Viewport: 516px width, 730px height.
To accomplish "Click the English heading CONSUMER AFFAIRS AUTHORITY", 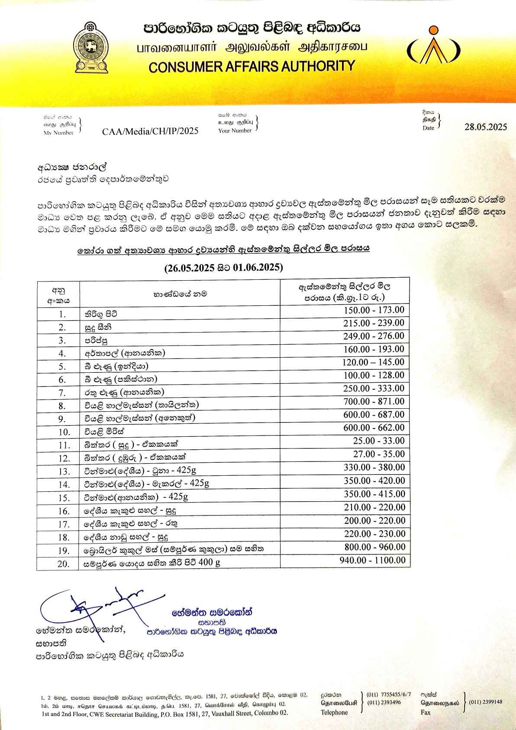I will tap(252, 66).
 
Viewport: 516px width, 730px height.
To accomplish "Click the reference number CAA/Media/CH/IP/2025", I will tap(150, 131).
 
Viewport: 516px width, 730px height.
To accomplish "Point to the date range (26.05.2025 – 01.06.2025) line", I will tap(223, 268).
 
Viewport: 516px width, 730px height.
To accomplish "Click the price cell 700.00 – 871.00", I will tap(374, 402).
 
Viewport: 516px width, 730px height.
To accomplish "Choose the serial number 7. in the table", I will tap(62, 393).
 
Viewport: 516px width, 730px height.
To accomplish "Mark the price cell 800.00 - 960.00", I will tap(375, 547).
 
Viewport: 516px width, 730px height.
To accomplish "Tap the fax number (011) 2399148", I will tap(485, 702).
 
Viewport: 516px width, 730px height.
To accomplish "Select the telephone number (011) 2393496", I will tap(384, 702).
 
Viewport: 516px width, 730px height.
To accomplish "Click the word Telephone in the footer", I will tap(334, 712).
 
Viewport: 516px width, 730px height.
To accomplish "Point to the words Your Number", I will tap(235, 130).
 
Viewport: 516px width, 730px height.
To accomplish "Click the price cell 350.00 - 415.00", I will tap(375, 494).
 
